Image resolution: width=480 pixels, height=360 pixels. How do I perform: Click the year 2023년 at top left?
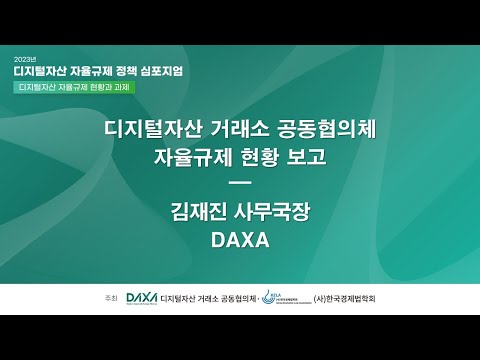25,60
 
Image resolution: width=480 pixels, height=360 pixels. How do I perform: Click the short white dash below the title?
239,182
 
